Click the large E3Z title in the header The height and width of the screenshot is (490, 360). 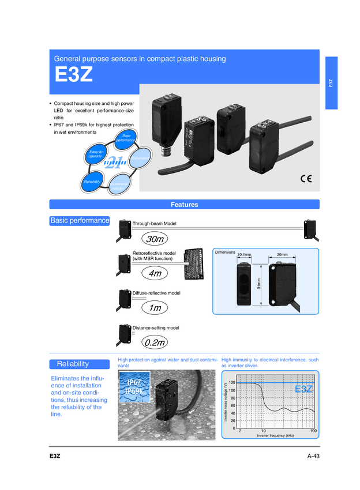pyautogui.click(x=74, y=76)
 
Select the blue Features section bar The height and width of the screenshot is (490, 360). pyautogui.click(x=184, y=205)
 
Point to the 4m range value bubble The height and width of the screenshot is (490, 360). pyautogui.click(x=154, y=274)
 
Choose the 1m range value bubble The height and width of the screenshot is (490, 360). pyautogui.click(x=154, y=308)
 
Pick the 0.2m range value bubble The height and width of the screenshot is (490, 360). pyautogui.click(x=155, y=343)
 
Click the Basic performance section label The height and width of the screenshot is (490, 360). pyautogui.click(x=80, y=221)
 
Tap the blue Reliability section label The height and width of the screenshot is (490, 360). pyautogui.click(x=80, y=364)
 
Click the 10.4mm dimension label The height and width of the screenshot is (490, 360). pyautogui.click(x=248, y=254)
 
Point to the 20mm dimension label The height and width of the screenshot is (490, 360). pyautogui.click(x=282, y=254)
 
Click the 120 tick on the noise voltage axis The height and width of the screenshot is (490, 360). pyautogui.click(x=232, y=383)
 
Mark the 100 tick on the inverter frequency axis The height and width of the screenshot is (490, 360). pyautogui.click(x=313, y=431)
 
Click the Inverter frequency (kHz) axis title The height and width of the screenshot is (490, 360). pyautogui.click(x=275, y=436)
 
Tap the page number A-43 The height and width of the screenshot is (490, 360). pyautogui.click(x=313, y=456)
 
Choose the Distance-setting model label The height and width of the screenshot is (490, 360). pyautogui.click(x=156, y=328)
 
